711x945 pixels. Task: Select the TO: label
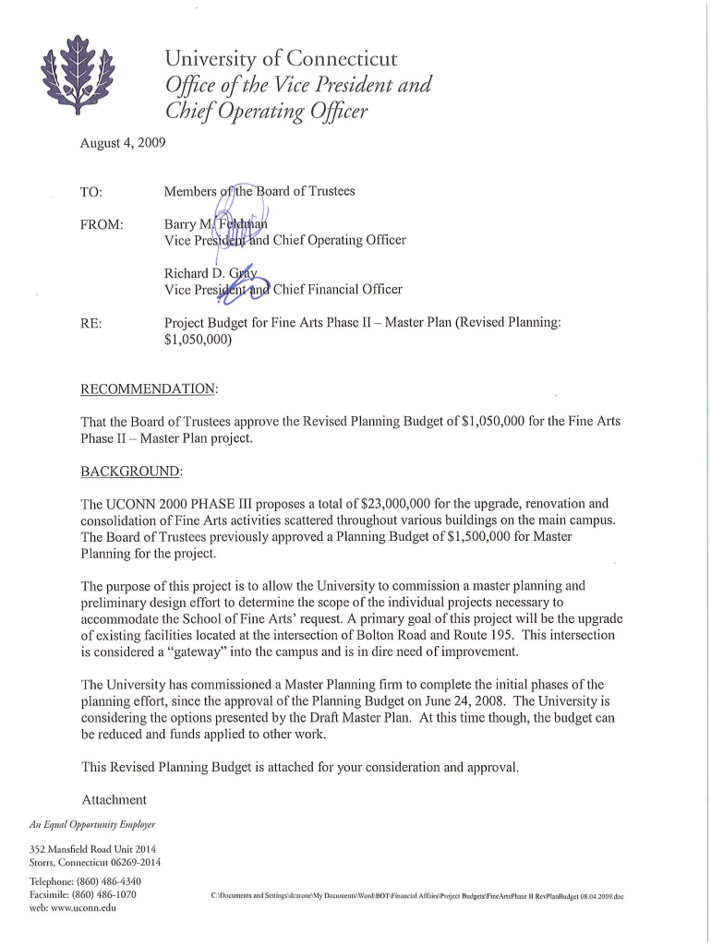[x=91, y=192]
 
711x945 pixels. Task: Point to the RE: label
[x=91, y=323]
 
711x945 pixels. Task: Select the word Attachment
[x=114, y=798]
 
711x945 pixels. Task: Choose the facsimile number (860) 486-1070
[x=103, y=894]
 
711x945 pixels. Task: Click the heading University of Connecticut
[x=281, y=60]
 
